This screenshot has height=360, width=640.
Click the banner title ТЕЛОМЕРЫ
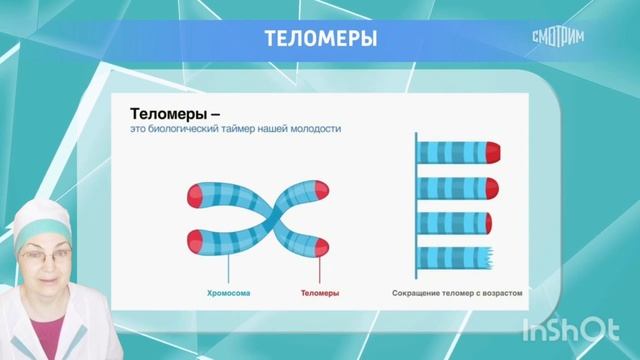(320, 40)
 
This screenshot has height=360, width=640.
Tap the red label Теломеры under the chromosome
(320, 294)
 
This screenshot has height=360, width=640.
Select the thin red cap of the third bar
(489, 220)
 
